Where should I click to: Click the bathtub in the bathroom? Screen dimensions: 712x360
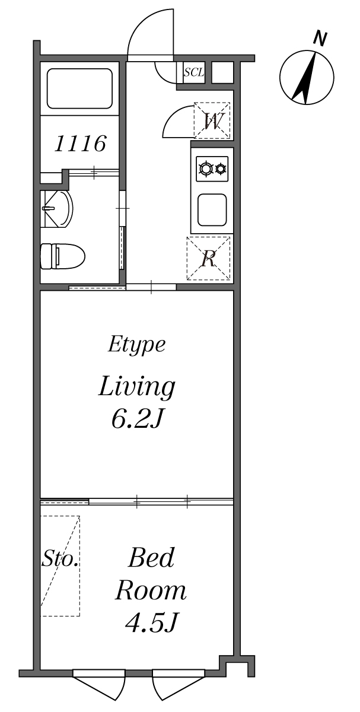tap(79, 88)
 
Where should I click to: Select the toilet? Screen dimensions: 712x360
tap(62, 256)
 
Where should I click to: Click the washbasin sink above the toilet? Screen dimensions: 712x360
tap(58, 209)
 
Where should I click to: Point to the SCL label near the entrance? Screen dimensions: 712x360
tap(194, 72)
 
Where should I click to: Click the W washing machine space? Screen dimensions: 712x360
tap(212, 120)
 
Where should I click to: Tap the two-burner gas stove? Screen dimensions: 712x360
tap(212, 169)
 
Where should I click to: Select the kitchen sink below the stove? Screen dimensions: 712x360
tap(212, 209)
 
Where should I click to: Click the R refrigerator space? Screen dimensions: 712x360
tap(208, 258)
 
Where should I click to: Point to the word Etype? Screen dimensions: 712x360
tap(136, 344)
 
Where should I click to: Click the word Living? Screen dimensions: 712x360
tap(137, 387)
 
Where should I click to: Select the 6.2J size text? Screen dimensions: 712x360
tap(137, 419)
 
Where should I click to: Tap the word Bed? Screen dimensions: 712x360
tap(151, 558)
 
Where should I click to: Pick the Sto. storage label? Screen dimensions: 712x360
tap(60, 559)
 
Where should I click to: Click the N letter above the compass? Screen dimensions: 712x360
tap(320, 39)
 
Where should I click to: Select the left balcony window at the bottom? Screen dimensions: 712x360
tap(99, 685)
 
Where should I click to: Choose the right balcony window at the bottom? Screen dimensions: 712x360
tap(179, 685)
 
